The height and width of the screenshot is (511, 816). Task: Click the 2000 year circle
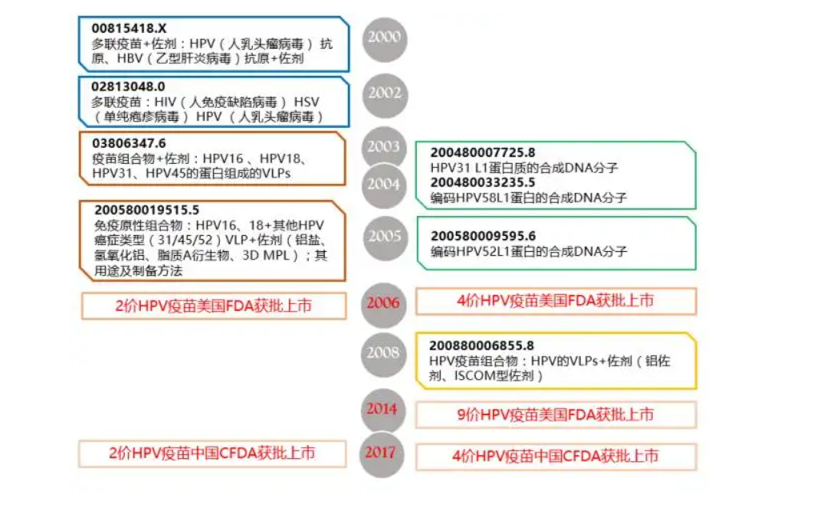click(x=384, y=38)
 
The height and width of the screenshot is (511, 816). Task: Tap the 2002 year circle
click(x=384, y=93)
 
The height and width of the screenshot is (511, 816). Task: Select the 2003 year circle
click(x=383, y=146)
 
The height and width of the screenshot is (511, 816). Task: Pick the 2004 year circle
click(x=383, y=184)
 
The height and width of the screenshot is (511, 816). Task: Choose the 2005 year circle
click(x=384, y=236)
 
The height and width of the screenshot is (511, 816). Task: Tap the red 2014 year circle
click(x=382, y=409)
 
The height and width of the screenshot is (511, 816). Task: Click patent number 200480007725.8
click(x=483, y=152)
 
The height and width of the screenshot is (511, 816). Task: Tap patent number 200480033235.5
click(x=483, y=182)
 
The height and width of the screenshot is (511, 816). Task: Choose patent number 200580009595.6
click(x=483, y=236)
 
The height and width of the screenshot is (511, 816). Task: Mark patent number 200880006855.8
click(x=482, y=345)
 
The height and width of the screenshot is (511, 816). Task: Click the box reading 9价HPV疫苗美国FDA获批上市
click(x=555, y=414)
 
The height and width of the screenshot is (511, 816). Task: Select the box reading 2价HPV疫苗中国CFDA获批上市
click(x=212, y=453)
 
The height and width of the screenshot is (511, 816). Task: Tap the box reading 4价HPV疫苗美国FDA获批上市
click(x=555, y=301)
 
